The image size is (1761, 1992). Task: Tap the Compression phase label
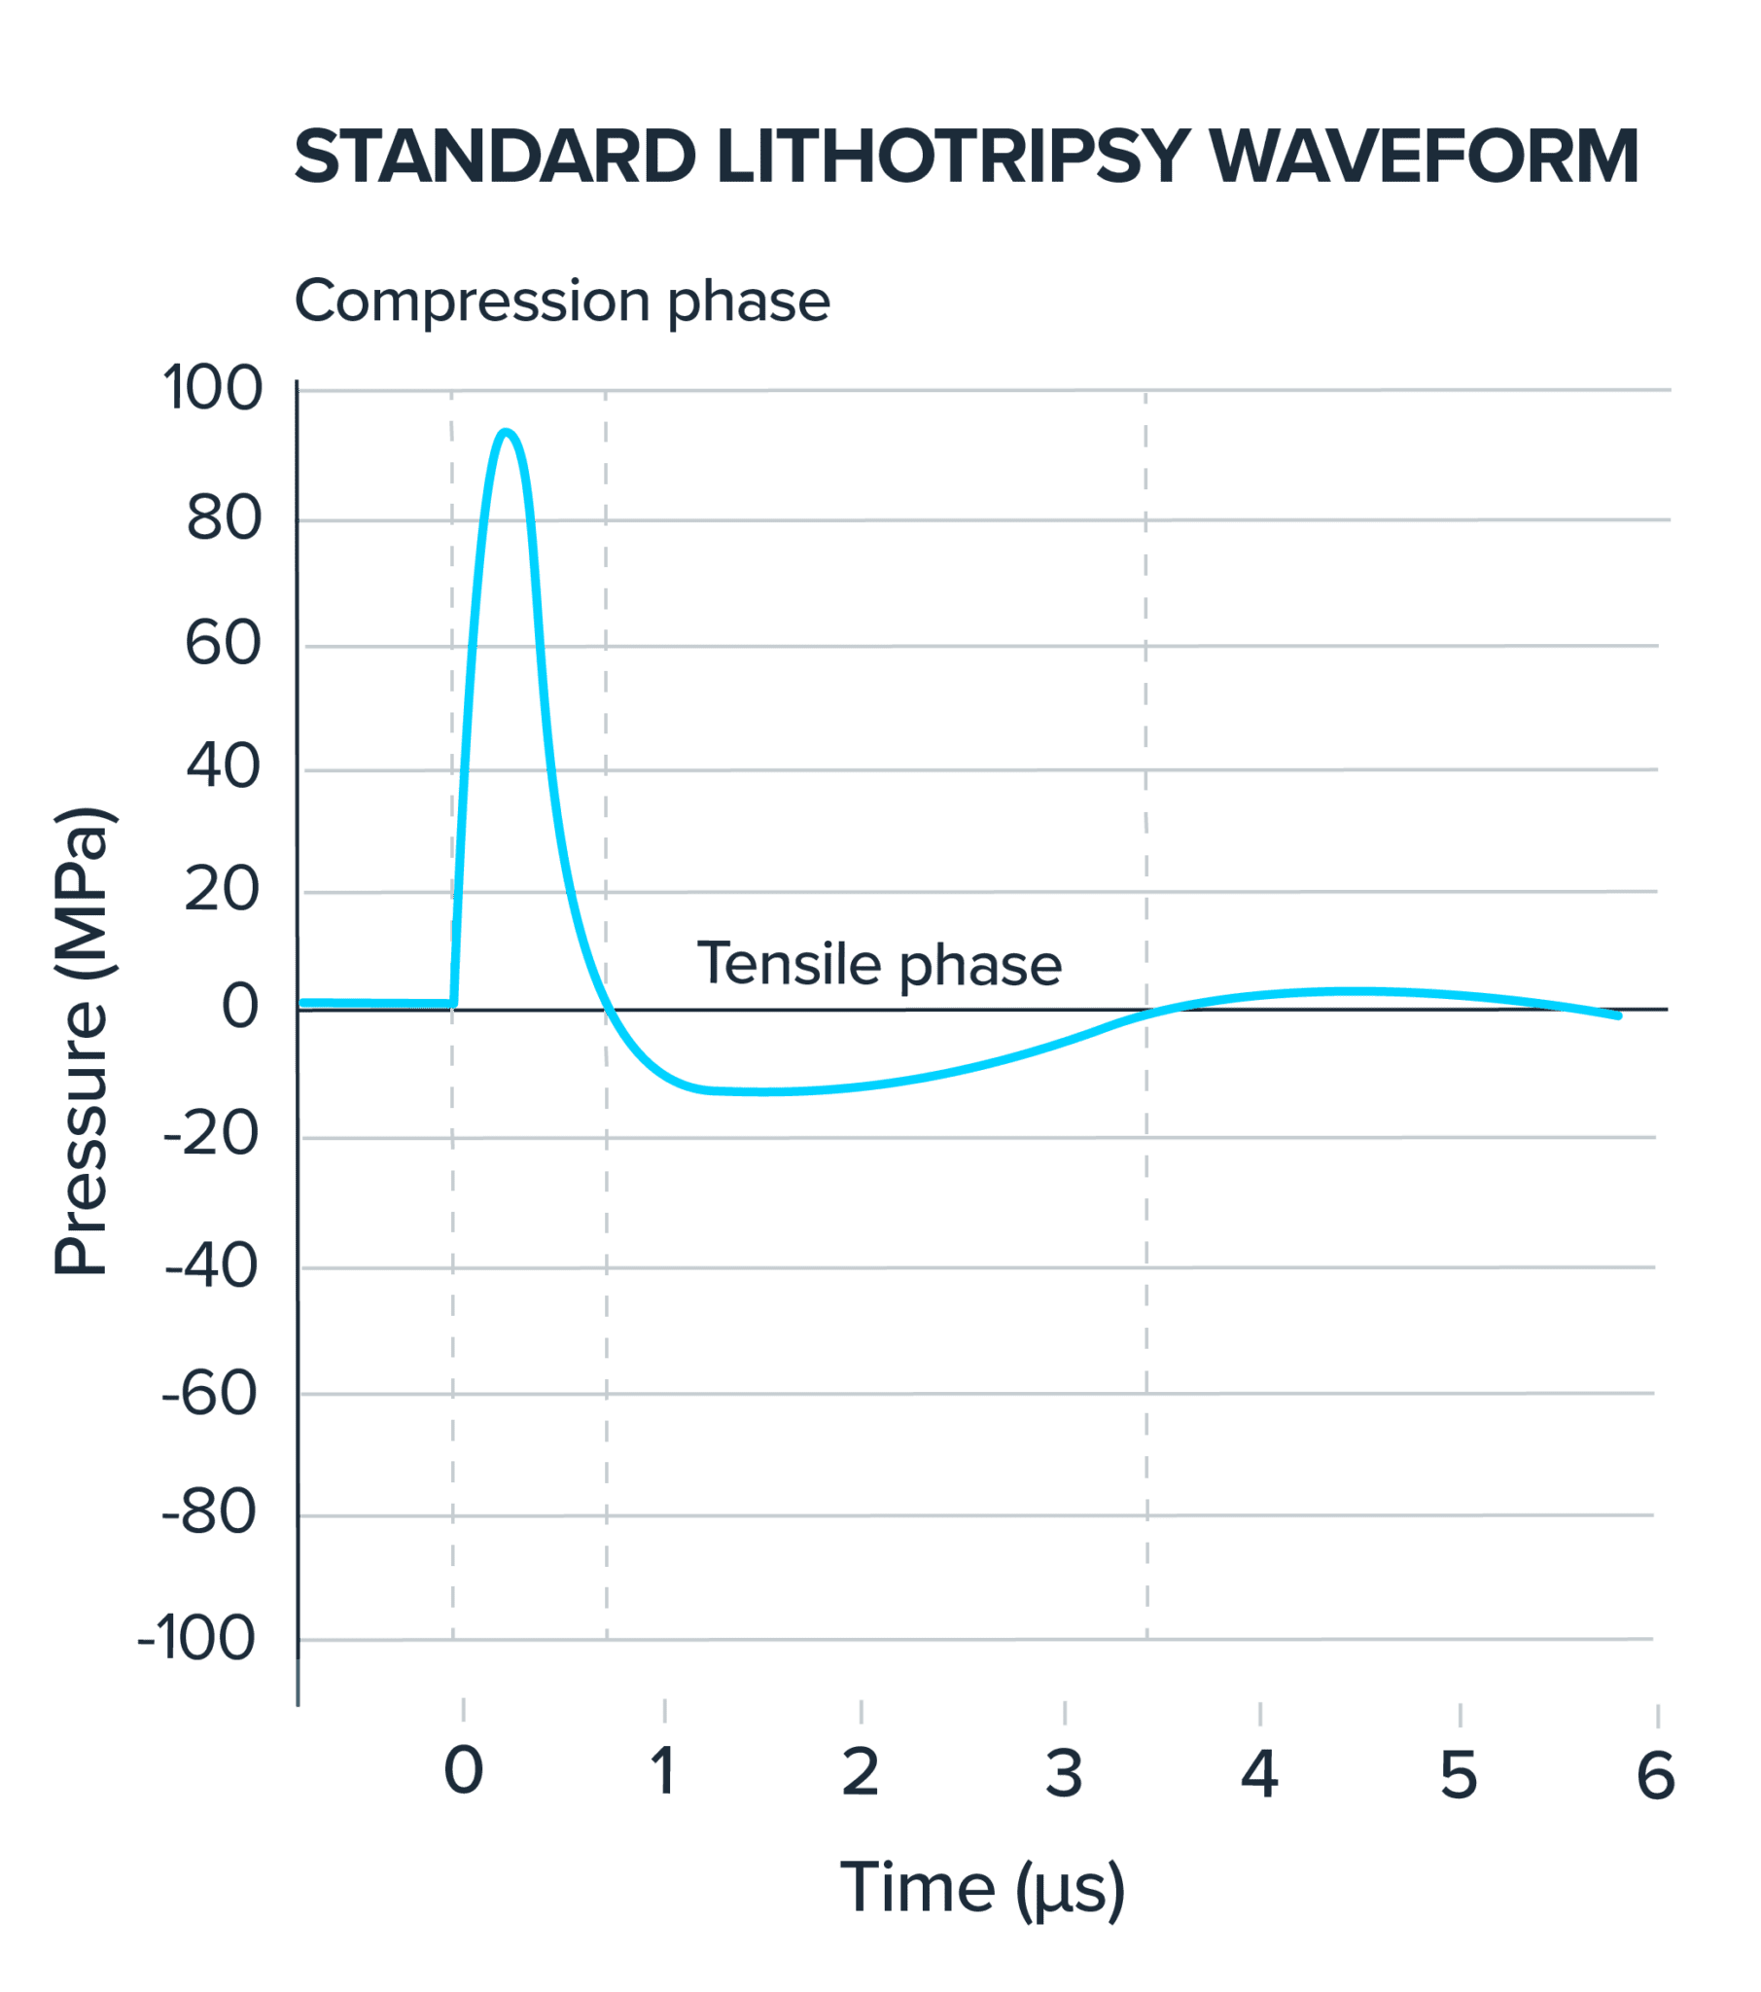(x=561, y=302)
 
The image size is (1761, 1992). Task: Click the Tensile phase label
(x=878, y=964)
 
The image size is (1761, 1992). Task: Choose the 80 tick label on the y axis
(x=225, y=518)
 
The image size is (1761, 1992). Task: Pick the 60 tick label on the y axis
(x=224, y=644)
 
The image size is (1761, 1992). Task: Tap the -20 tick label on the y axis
(x=211, y=1134)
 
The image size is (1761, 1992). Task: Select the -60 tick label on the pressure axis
(x=209, y=1394)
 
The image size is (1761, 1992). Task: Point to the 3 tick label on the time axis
(x=1064, y=1773)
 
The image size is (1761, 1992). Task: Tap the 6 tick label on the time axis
(x=1656, y=1773)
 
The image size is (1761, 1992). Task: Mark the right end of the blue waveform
(x=1619, y=1016)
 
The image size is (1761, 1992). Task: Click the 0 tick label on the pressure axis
(x=240, y=1006)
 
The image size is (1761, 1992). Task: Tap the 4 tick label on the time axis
(x=1259, y=1773)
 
